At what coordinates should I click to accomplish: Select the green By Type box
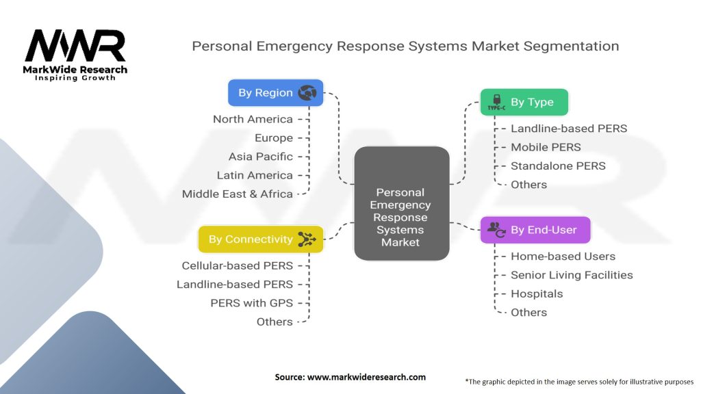pos(524,102)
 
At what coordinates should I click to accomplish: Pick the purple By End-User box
pos(535,230)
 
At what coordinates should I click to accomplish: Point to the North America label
pos(253,119)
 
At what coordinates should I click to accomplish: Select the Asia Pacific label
pos(260,157)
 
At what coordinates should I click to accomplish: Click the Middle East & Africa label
pos(237,194)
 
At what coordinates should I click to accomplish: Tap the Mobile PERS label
pos(546,147)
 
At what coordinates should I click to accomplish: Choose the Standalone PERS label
pos(558,166)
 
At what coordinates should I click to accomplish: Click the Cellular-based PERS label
pos(237,265)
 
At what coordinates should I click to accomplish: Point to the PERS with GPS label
pos(251,302)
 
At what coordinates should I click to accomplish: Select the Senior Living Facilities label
pos(572,275)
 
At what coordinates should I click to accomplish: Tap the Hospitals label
pos(537,293)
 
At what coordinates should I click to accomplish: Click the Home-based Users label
pos(563,257)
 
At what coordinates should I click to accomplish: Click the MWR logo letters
pos(75,47)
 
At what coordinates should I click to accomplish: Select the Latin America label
pos(254,175)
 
